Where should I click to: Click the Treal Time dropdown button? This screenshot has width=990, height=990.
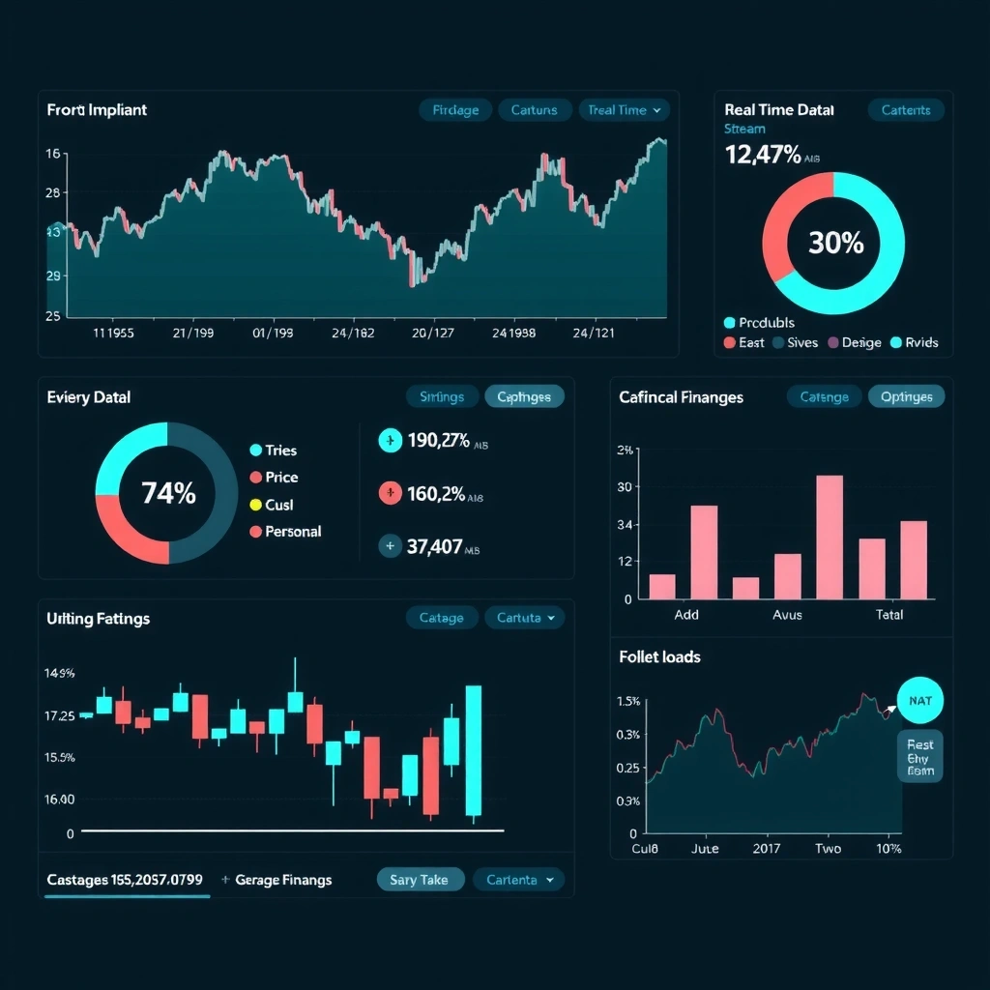tap(624, 110)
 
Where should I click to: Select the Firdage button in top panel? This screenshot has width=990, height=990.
tap(455, 110)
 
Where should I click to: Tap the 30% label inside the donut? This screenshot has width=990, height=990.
tap(835, 243)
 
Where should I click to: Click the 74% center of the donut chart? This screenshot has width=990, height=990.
tap(168, 493)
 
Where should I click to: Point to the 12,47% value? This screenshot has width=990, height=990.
tap(762, 154)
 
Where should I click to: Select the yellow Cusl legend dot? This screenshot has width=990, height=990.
tap(256, 505)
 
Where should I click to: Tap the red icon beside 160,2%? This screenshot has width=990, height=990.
tap(389, 494)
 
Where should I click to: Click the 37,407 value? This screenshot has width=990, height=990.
tap(434, 546)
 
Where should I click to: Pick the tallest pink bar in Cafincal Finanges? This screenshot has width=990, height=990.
tap(830, 537)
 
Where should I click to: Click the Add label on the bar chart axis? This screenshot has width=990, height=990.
tap(686, 615)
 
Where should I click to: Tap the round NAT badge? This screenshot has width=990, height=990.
tap(920, 701)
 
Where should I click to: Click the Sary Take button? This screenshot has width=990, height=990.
tap(420, 880)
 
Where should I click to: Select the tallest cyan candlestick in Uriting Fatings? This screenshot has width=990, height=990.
tap(473, 751)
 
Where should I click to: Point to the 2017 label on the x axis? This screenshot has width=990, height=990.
tap(767, 849)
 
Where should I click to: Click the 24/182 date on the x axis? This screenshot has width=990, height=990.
tap(352, 333)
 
